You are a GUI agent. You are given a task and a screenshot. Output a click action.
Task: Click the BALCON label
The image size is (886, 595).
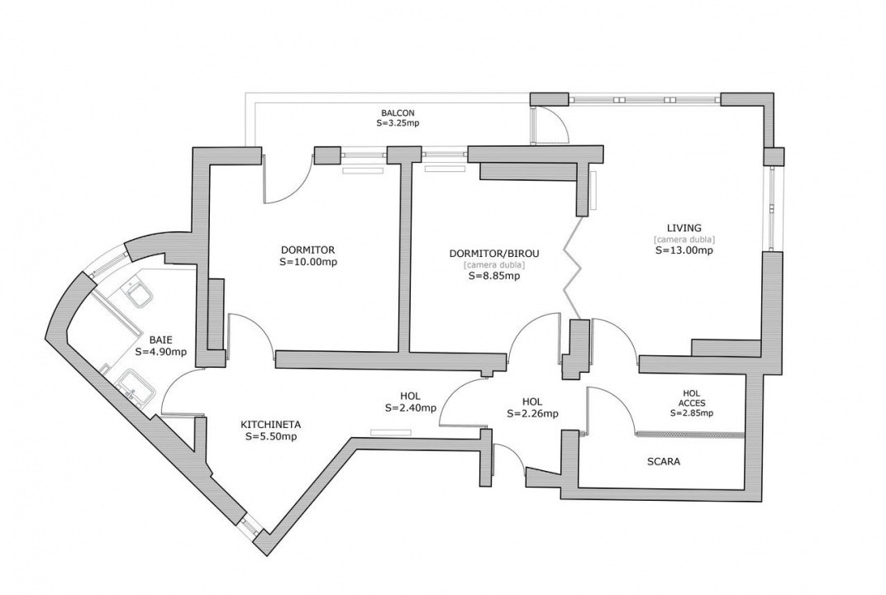[398, 112]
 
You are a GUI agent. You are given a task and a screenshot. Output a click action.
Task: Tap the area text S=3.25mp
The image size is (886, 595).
[398, 122]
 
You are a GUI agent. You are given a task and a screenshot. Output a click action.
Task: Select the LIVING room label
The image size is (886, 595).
[684, 228]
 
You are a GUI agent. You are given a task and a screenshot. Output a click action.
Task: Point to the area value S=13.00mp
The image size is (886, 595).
[684, 250]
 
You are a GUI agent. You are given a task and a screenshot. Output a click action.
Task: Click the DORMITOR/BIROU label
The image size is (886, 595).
[494, 253]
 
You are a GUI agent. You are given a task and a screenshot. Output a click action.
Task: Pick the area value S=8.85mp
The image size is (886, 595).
[494, 276]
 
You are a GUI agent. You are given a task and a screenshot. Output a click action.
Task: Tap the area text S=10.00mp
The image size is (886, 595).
[307, 261]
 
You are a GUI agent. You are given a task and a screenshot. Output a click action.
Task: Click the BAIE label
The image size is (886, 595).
[161, 340]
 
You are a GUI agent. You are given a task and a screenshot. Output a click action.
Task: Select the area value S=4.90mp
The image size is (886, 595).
[161, 351]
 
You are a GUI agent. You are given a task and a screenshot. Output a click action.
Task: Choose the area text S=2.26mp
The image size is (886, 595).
[532, 413]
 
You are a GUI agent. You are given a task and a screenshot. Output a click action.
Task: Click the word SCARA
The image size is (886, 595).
[664, 462]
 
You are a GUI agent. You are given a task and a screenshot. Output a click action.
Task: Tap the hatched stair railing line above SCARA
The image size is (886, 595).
[691, 435]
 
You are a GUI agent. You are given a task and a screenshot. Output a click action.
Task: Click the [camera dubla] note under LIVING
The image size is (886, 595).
[684, 239]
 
